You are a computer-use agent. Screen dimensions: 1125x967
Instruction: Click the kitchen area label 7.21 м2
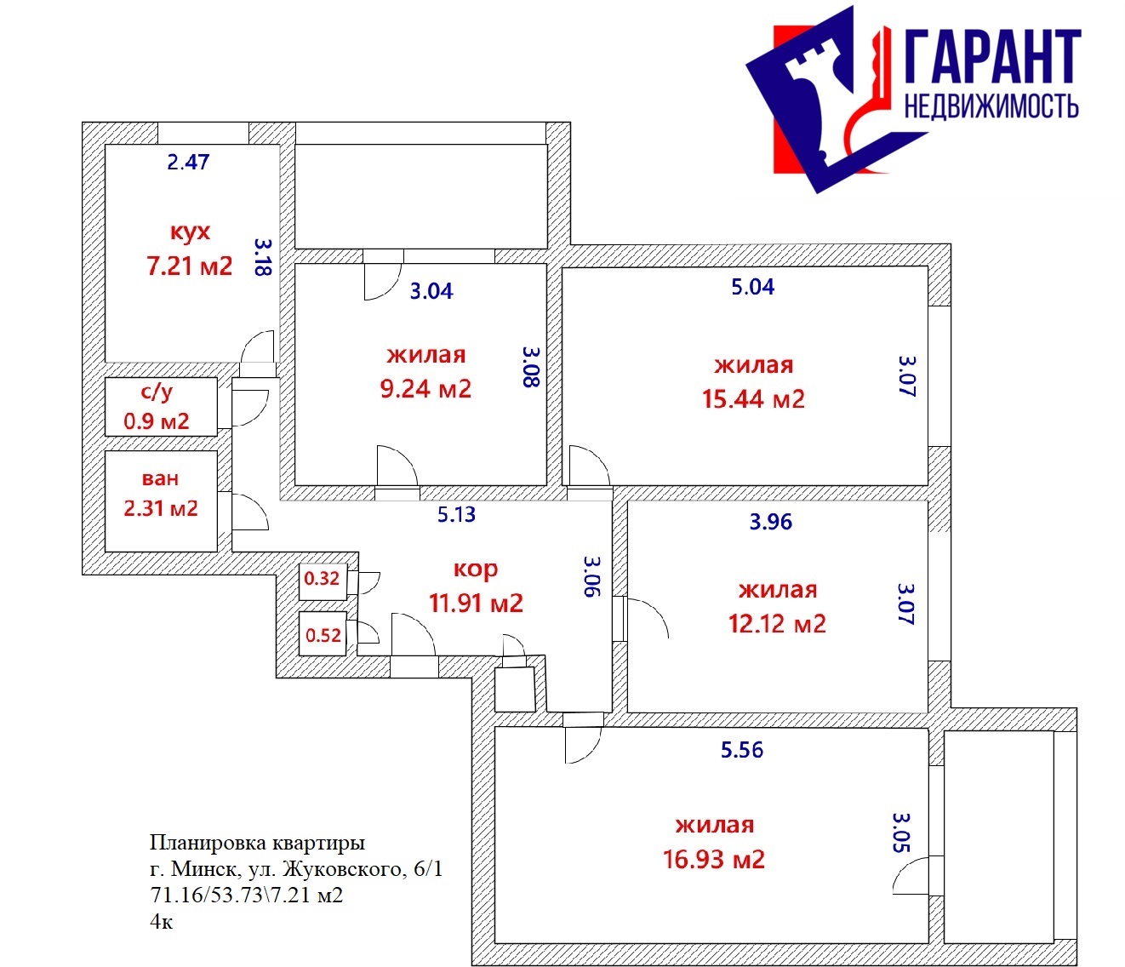point(190,266)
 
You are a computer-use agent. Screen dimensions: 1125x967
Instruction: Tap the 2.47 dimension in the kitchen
point(188,163)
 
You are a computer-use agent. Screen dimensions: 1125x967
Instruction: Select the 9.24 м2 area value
point(425,389)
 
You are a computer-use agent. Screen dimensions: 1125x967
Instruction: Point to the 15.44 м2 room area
point(753,399)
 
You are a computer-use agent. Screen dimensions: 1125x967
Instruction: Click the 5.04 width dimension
point(753,287)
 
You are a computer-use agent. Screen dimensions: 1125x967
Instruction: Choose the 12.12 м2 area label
point(777,623)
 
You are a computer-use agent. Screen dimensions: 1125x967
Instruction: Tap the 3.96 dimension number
point(771,522)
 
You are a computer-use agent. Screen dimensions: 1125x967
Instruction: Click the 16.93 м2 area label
point(713,859)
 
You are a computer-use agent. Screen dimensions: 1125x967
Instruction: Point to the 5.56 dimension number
point(742,750)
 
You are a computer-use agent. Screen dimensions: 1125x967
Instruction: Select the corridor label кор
point(476,569)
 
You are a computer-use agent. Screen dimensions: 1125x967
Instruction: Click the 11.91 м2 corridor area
point(476,604)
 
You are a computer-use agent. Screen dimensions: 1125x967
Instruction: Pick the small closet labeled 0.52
point(323,635)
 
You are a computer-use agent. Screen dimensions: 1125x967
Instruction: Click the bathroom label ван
point(160,478)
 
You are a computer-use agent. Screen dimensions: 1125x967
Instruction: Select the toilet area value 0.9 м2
point(157,421)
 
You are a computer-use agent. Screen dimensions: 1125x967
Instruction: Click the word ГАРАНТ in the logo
point(993,57)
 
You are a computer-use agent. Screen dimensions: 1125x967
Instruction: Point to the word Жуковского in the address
point(344,869)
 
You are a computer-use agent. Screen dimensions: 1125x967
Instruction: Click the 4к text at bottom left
point(162,922)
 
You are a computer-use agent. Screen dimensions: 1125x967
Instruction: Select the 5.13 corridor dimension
point(456,514)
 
